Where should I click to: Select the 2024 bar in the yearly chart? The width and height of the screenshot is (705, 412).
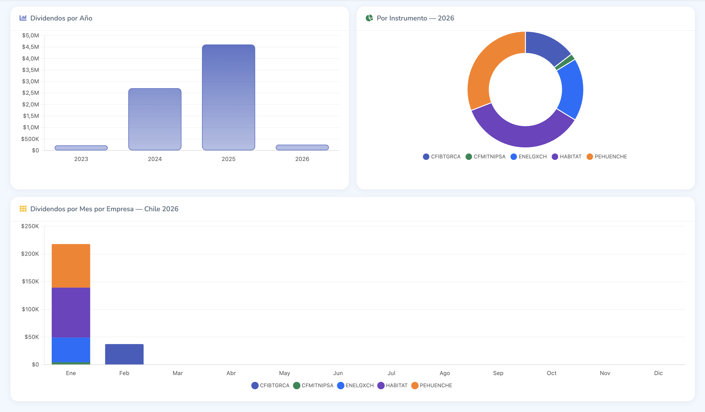click(x=155, y=119)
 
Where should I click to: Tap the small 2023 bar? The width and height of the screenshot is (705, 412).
click(x=81, y=148)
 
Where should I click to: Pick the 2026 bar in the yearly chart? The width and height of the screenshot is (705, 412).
click(x=302, y=147)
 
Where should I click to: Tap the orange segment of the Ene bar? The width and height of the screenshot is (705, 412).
click(x=71, y=266)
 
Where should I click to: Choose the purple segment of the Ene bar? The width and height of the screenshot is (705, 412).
click(x=71, y=312)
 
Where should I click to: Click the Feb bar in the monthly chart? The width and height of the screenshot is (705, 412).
click(x=124, y=354)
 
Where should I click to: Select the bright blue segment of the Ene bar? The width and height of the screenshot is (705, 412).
click(x=71, y=350)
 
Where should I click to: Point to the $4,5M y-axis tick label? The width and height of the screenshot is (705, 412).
click(x=31, y=47)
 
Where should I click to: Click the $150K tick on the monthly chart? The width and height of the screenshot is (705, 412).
click(x=31, y=281)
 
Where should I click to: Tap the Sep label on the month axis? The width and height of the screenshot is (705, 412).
click(x=498, y=373)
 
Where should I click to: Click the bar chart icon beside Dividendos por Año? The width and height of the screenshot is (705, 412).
click(x=23, y=18)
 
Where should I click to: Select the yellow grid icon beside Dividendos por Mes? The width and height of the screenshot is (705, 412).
click(x=23, y=209)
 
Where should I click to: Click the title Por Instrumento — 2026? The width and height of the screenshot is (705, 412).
click(x=415, y=18)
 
